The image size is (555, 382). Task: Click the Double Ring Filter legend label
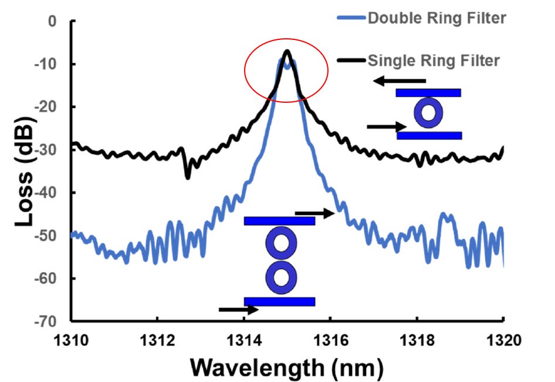click(437, 18)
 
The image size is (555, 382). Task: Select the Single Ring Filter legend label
click(434, 61)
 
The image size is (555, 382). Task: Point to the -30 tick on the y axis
click(46, 150)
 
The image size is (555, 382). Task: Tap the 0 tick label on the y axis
click(52, 21)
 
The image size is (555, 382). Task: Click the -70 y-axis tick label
click(46, 321)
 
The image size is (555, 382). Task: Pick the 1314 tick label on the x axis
click(244, 340)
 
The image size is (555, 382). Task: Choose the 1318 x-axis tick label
click(417, 340)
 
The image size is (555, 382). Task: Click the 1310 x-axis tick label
click(71, 340)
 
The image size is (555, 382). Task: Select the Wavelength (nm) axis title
click(287, 368)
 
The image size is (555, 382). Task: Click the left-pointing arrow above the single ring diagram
click(400, 81)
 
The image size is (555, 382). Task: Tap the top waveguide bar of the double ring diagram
click(280, 221)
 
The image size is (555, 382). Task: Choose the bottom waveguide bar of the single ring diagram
click(429, 135)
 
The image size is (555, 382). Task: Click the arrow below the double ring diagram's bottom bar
click(239, 310)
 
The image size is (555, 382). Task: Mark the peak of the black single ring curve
click(287, 51)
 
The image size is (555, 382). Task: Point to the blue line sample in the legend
click(351, 18)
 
